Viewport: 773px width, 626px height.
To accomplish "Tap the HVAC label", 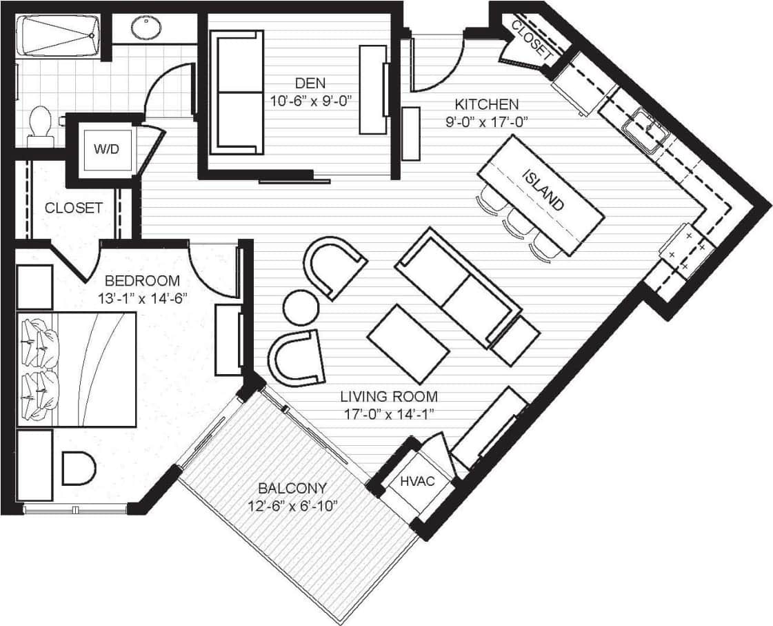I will point(417,481).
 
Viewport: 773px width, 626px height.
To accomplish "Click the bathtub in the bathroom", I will point(59,36).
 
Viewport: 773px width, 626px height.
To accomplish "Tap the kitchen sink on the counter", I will point(645,128).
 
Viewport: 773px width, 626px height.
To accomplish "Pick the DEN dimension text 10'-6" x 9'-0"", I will point(312,99).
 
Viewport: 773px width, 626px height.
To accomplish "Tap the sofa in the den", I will point(240,91).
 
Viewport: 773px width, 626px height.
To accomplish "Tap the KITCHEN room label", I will point(486,105).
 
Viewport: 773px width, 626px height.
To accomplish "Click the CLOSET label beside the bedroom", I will point(74,208).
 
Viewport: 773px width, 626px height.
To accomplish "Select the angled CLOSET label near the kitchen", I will point(532,38).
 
